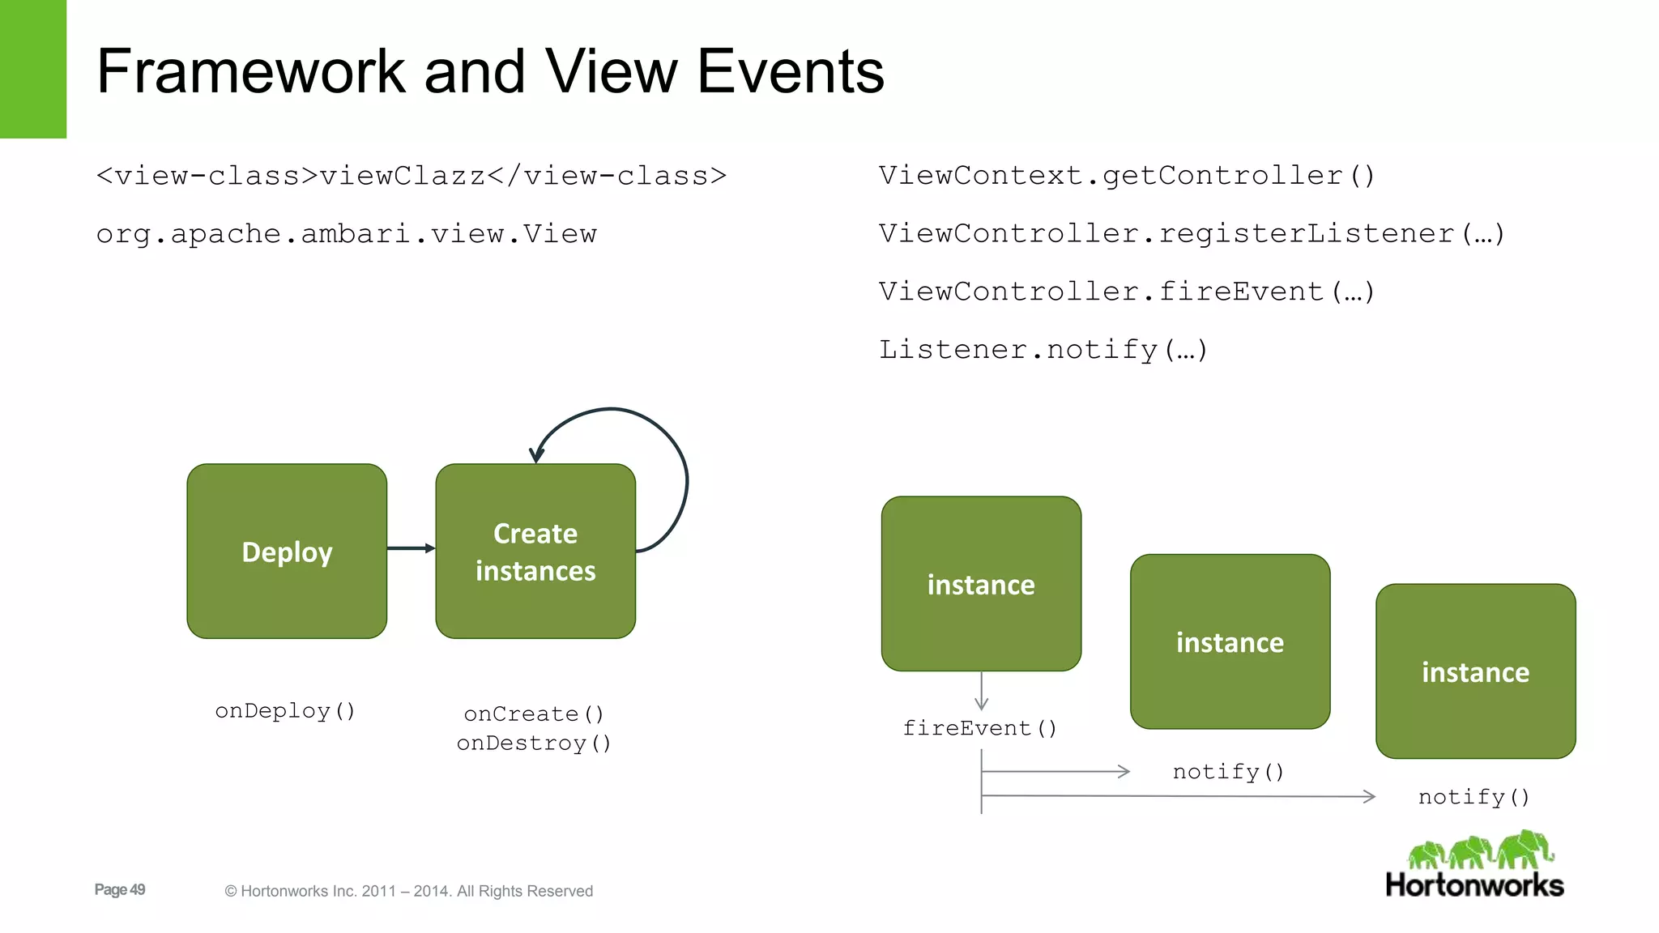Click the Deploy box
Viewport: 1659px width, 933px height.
pos(287,552)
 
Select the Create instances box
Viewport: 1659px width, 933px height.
pos(535,552)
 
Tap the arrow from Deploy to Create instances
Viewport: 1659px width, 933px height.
pos(411,548)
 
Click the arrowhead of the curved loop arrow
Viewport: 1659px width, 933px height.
pos(535,455)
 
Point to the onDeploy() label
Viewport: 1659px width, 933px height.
pos(285,711)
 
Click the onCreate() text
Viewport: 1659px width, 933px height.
pos(534,714)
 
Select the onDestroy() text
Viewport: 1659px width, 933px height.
pos(534,743)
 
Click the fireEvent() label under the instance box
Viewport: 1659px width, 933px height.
pos(980,728)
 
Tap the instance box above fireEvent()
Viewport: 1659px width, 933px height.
pos(981,584)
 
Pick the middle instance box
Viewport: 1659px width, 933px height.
pos(1230,641)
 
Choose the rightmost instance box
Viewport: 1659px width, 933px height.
pos(1475,671)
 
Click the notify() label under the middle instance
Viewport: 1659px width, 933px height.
pos(1228,772)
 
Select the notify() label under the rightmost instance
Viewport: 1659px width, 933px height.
pos(1474,797)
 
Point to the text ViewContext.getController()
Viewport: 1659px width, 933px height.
pos(1127,176)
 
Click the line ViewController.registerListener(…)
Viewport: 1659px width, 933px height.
pos(1192,234)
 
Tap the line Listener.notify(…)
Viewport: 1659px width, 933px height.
pos(1043,350)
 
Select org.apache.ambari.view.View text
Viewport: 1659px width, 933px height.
pos(347,234)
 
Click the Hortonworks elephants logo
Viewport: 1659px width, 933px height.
pos(1479,851)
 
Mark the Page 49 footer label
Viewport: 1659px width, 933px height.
pos(120,889)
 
